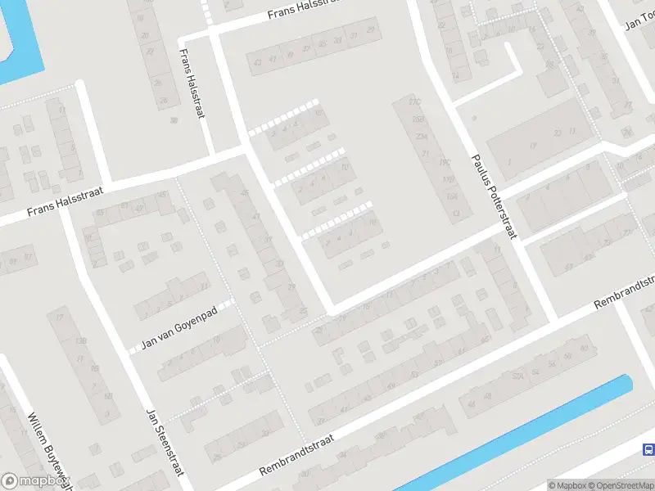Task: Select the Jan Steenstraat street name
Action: (x=164, y=445)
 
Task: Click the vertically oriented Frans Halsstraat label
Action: (x=191, y=83)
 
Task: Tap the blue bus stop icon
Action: (x=648, y=449)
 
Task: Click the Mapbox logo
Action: (x=37, y=481)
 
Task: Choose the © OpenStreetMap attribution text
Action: (x=623, y=485)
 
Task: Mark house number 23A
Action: (x=422, y=136)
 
